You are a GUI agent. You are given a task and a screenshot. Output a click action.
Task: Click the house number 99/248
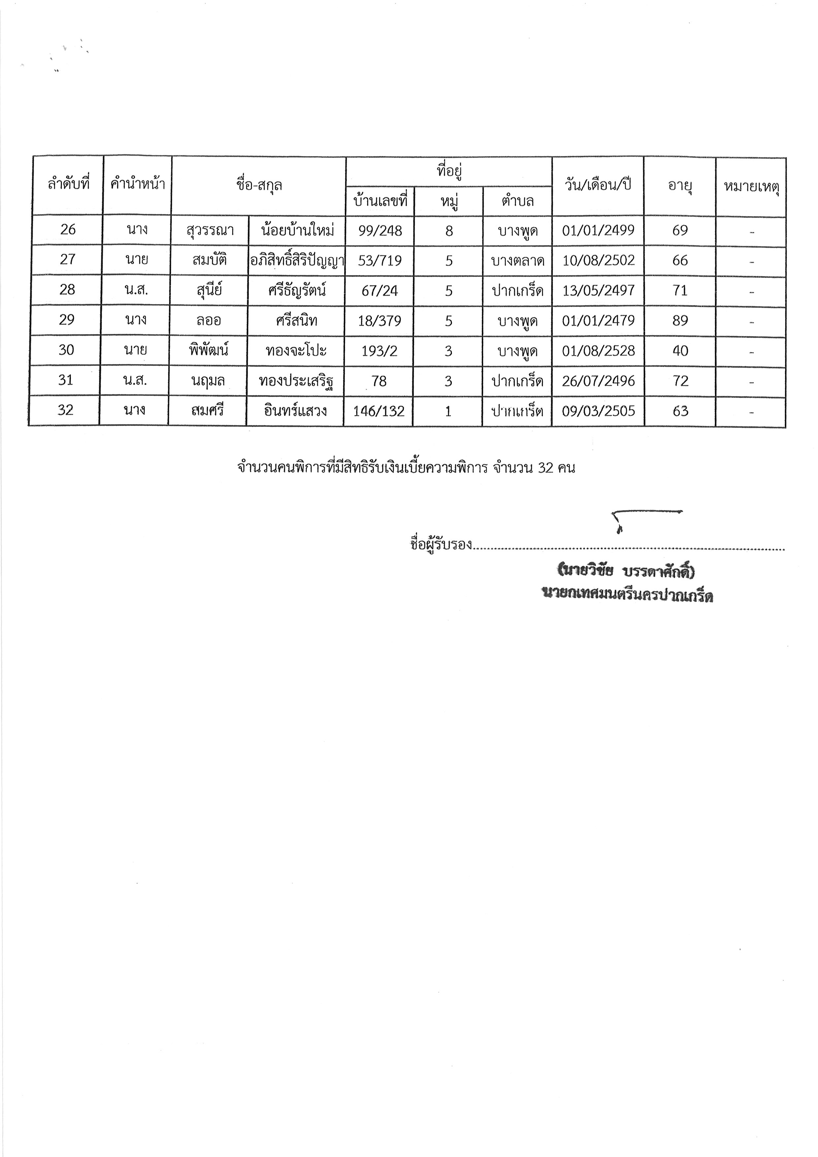[x=380, y=231]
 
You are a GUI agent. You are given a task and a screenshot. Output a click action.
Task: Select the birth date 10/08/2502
[x=598, y=261]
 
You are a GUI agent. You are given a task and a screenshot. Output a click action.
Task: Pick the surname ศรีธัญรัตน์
[x=297, y=290]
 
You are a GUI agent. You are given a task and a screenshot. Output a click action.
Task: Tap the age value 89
[x=680, y=320]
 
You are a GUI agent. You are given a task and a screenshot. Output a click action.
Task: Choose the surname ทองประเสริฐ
[x=296, y=381]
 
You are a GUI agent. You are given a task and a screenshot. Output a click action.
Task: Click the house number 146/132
[x=379, y=411]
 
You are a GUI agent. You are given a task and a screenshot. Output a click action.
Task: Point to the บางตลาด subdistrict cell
[x=518, y=261]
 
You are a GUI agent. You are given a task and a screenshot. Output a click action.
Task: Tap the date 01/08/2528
[x=598, y=351]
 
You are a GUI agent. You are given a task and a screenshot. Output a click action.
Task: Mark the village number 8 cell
[x=449, y=231]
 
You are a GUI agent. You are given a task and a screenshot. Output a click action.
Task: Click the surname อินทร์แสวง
[x=296, y=411]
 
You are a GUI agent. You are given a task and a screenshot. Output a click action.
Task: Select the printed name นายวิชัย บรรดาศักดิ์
[x=626, y=571]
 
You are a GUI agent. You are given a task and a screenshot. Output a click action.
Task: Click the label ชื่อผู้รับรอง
[x=441, y=545]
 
